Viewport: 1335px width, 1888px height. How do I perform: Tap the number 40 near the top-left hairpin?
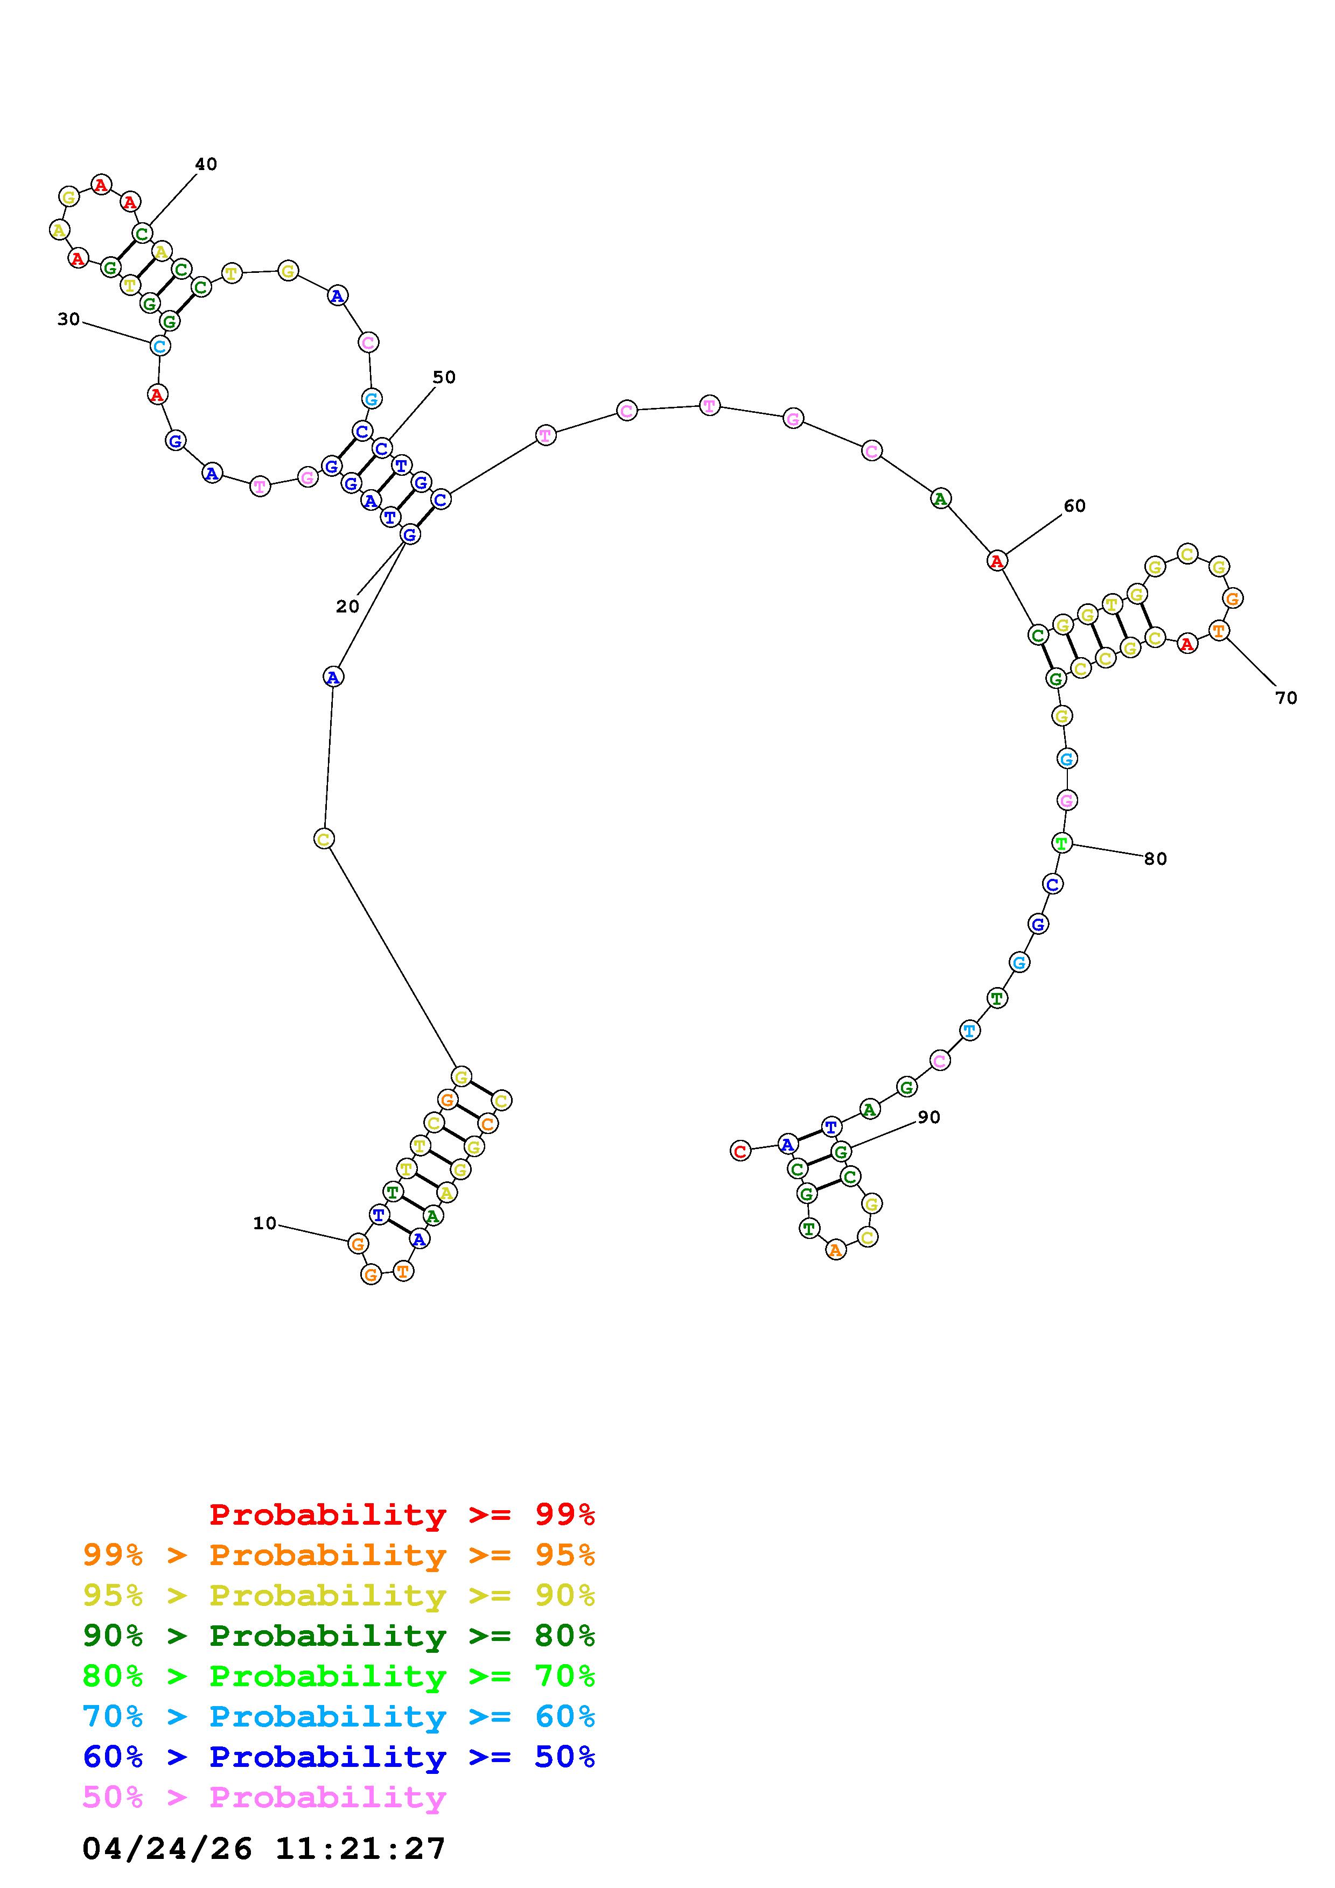pyautogui.click(x=206, y=164)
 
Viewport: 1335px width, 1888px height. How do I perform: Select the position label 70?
pyautogui.click(x=1285, y=698)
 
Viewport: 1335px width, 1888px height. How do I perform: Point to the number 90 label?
pyautogui.click(x=928, y=1117)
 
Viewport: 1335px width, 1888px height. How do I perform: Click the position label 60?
pyautogui.click(x=1074, y=506)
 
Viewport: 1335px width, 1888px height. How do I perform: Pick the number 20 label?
pyautogui.click(x=347, y=606)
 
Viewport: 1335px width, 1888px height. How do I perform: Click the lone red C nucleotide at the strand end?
pyautogui.click(x=740, y=1151)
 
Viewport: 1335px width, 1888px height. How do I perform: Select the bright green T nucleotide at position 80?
pyautogui.click(x=1062, y=843)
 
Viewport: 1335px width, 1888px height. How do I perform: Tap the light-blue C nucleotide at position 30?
pyautogui.click(x=159, y=346)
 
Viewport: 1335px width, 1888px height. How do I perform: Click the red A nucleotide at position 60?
pyautogui.click(x=997, y=561)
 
